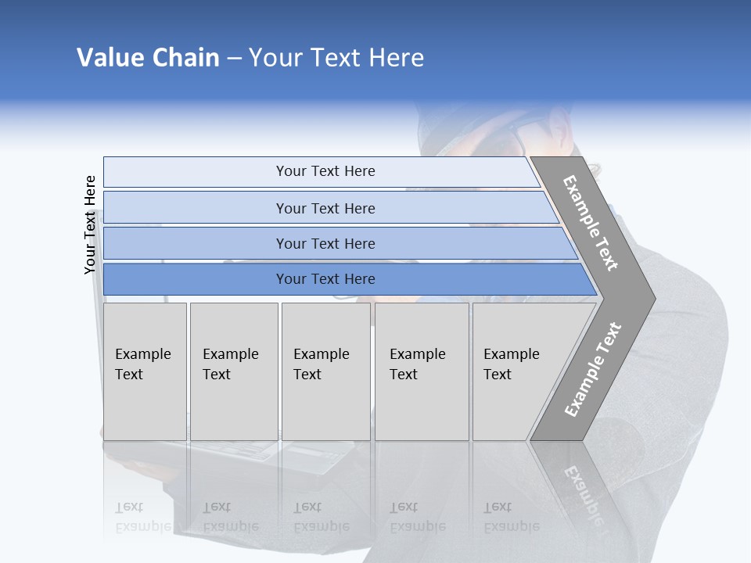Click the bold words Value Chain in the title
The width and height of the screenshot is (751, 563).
[148, 58]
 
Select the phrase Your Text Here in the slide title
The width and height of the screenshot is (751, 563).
[336, 58]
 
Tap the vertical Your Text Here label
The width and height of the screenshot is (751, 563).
[90, 225]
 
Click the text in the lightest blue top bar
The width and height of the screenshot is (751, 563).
[325, 171]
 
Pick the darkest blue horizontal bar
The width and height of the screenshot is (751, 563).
[344, 279]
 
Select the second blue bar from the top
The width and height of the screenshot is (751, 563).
[329, 208]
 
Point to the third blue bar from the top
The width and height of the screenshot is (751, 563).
[336, 243]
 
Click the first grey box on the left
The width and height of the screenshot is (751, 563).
[145, 371]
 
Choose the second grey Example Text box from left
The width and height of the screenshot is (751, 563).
[234, 371]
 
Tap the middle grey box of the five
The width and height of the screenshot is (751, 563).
[325, 371]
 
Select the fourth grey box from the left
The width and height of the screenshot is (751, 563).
[422, 371]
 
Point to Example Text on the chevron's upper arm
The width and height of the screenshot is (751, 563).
[591, 223]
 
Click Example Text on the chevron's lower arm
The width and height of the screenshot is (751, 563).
[592, 369]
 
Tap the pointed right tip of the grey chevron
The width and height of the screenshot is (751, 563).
[651, 298]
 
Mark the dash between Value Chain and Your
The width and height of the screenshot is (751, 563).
[234, 59]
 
